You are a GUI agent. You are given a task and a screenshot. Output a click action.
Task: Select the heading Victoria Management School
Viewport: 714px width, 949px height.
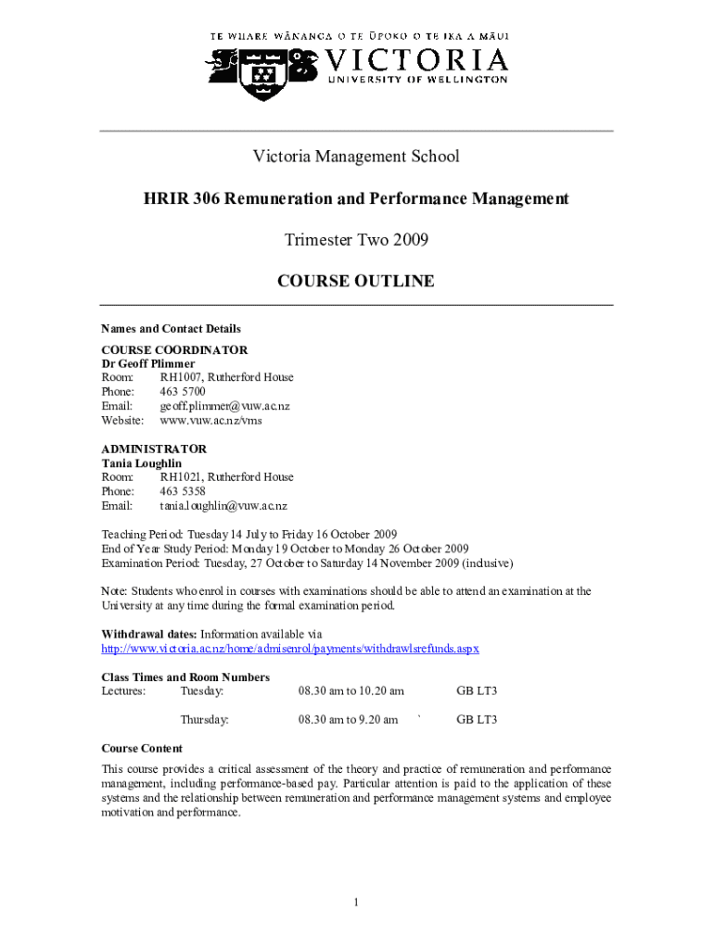coord(356,157)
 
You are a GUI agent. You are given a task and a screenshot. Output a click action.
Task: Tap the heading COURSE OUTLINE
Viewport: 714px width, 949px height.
coord(356,281)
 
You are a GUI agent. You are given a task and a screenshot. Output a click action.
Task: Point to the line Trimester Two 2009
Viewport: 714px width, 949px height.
coord(356,240)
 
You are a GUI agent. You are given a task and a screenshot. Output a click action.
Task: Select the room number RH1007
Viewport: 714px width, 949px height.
coord(182,377)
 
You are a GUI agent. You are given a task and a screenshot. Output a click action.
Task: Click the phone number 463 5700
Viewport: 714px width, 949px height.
coord(183,391)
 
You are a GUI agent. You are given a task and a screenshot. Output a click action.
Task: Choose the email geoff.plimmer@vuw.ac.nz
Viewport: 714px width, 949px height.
coord(224,406)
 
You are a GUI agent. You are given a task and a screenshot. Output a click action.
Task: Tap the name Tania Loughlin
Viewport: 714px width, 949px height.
coord(141,462)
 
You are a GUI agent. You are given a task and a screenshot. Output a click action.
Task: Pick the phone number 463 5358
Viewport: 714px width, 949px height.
coord(183,491)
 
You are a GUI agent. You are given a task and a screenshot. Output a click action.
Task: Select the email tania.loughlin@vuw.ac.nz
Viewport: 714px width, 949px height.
coord(223,505)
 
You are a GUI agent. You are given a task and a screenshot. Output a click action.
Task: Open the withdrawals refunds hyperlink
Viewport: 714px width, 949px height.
coord(289,648)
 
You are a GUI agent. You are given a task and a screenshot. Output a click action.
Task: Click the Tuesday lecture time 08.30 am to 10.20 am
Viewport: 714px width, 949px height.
coord(351,690)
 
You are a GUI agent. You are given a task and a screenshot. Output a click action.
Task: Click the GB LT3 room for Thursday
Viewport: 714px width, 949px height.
coord(477,719)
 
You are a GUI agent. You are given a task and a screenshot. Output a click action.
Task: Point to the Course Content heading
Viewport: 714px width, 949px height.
coord(141,748)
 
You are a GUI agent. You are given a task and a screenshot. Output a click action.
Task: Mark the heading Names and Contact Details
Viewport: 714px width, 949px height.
coord(171,328)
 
